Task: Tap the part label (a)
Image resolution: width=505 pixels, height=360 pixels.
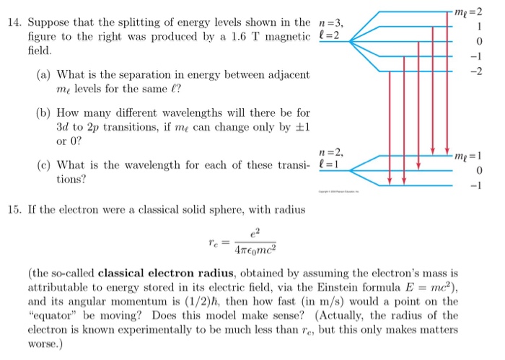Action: pyautogui.click(x=43, y=74)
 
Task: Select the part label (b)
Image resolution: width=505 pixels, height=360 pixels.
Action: pyautogui.click(x=43, y=113)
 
